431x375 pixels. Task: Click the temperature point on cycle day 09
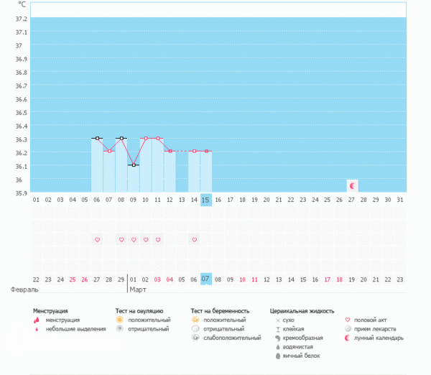(x=133, y=165)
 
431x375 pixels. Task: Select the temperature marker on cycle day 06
(x=97, y=138)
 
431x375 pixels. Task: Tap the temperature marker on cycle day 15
(x=206, y=151)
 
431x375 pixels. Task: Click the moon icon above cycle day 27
(x=352, y=185)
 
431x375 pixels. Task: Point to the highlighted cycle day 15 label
(x=206, y=200)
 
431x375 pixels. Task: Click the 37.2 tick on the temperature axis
(x=19, y=19)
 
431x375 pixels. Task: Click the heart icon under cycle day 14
(x=194, y=239)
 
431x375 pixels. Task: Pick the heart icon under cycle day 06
(x=97, y=239)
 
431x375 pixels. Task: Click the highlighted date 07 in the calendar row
(x=206, y=279)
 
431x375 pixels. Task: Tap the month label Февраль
(x=24, y=290)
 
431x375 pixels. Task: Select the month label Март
(x=138, y=290)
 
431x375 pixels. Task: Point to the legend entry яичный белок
(x=301, y=356)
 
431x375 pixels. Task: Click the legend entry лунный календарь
(x=384, y=338)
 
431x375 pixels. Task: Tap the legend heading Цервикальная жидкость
(x=302, y=311)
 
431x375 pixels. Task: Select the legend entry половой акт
(x=376, y=320)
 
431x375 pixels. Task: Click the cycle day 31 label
(x=400, y=200)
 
